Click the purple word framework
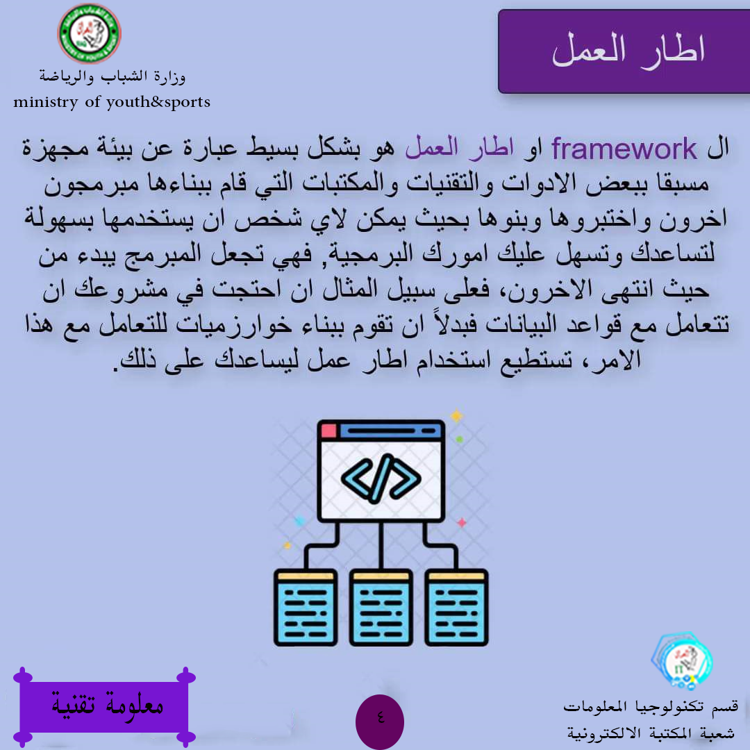click(x=624, y=149)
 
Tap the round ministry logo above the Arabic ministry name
click(x=90, y=33)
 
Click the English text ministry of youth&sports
click(x=111, y=102)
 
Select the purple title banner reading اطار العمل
click(x=624, y=51)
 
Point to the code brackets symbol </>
click(x=381, y=478)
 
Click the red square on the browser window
click(x=328, y=431)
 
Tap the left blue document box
click(x=306, y=608)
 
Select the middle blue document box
click(x=381, y=608)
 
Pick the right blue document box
click(x=456, y=608)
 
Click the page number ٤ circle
click(x=380, y=722)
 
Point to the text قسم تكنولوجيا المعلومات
click(x=651, y=707)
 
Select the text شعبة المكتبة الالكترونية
click(x=651, y=733)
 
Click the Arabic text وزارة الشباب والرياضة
click(x=112, y=76)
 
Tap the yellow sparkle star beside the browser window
click(x=457, y=416)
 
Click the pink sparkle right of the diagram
click(x=462, y=522)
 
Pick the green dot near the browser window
click(x=459, y=439)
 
